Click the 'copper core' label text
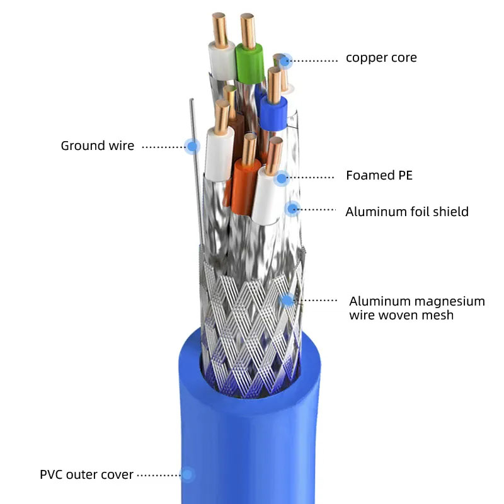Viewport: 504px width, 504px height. (x=381, y=58)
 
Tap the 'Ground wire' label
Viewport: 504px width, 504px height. (x=98, y=146)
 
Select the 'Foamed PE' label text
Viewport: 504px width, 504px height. (x=379, y=175)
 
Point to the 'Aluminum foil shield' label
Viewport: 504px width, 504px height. (x=407, y=212)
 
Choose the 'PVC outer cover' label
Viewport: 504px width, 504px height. (x=86, y=474)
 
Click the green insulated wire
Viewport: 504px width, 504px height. (x=249, y=64)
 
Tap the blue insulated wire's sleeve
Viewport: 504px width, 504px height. (x=273, y=113)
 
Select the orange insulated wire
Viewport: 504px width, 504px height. (x=245, y=186)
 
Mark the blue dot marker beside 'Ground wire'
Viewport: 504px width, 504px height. (x=192, y=146)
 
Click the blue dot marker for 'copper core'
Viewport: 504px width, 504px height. (x=285, y=60)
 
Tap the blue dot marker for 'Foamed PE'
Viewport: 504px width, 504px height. (x=282, y=178)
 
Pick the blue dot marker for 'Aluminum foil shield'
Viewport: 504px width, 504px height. (x=292, y=209)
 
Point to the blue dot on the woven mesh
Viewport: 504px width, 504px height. (x=287, y=301)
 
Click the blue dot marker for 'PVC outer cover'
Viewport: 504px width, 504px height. (x=187, y=474)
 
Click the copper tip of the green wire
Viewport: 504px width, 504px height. (x=248, y=31)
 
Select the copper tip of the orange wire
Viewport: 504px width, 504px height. (x=249, y=149)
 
